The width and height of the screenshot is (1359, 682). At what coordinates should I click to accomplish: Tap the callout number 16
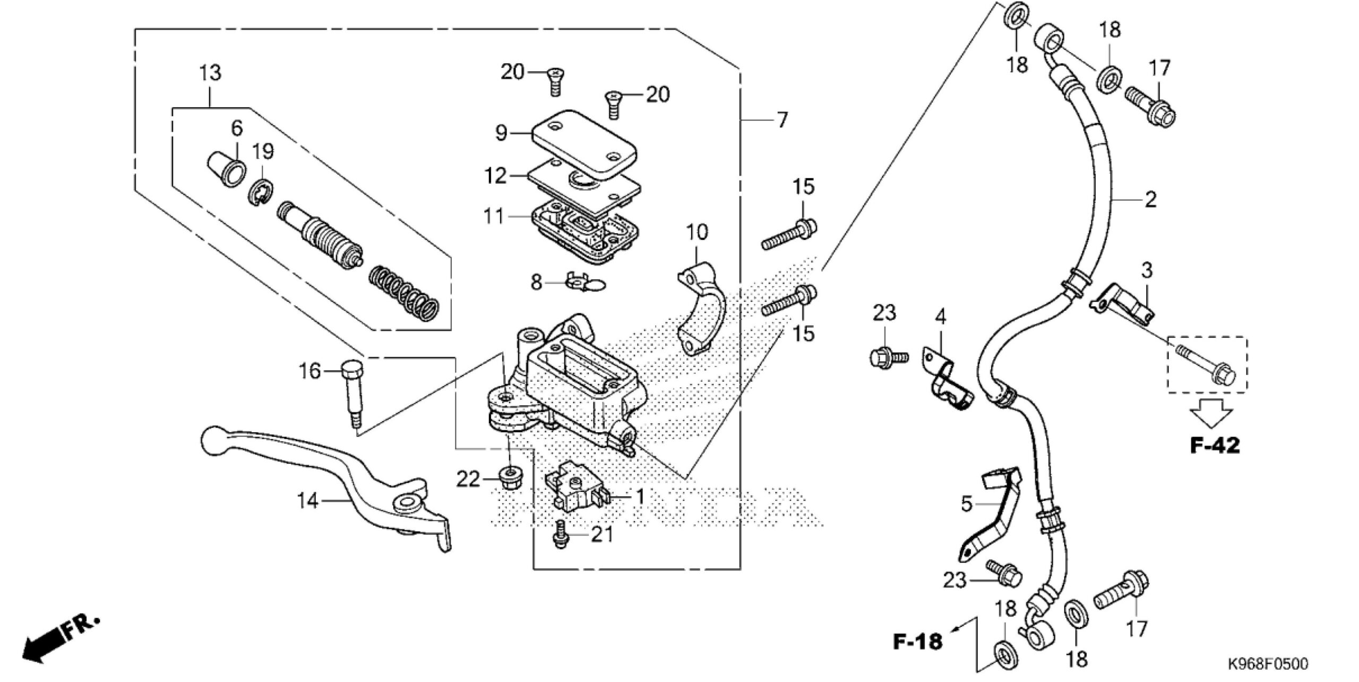tap(309, 371)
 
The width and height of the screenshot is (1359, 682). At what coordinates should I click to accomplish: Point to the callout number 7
tap(782, 121)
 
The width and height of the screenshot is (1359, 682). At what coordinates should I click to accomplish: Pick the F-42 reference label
tap(1215, 445)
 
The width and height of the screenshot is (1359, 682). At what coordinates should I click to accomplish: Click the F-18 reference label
tap(917, 641)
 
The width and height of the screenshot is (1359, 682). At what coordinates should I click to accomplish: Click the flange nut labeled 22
tap(509, 478)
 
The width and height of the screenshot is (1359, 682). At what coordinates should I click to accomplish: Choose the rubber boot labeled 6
tap(226, 168)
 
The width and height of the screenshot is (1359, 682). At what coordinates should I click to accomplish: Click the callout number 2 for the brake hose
tap(1150, 200)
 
